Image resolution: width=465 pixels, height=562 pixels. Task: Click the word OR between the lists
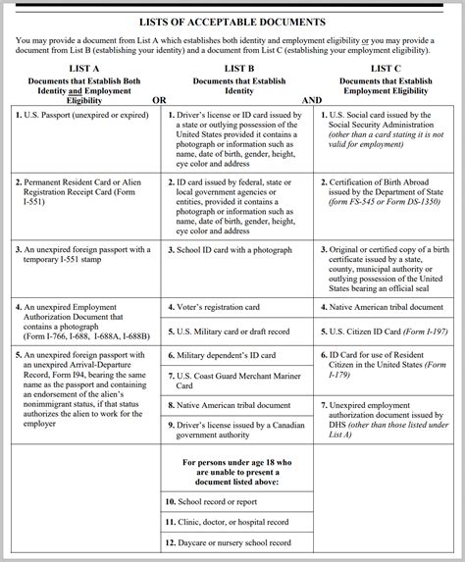pyautogui.click(x=159, y=100)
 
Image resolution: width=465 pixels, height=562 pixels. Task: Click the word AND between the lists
pyautogui.click(x=312, y=100)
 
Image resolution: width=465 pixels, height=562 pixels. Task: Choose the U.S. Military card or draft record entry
pyautogui.click(x=232, y=332)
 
